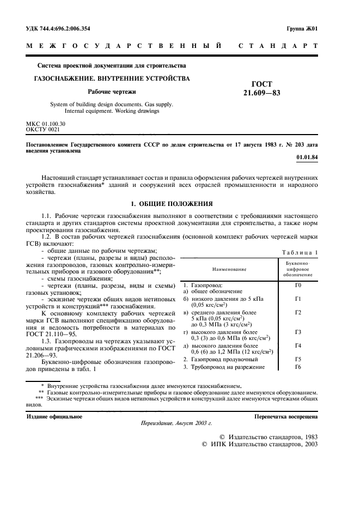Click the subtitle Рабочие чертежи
pyautogui.click(x=112, y=92)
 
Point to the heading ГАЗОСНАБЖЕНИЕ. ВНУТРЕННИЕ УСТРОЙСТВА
pyautogui.click(x=112, y=78)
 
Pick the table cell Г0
pyautogui.click(x=298, y=285)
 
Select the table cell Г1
pyautogui.click(x=298, y=299)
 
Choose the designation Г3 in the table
pyautogui.click(x=298, y=332)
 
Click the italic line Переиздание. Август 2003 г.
pyautogui.click(x=176, y=423)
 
